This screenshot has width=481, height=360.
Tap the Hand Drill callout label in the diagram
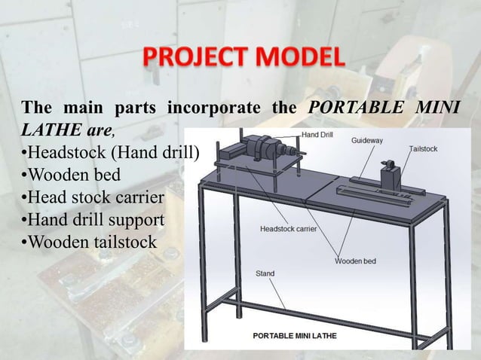pyautogui.click(x=318, y=135)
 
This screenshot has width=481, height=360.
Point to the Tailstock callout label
pyautogui.click(x=423, y=149)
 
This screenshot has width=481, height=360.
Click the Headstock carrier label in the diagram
pyautogui.click(x=288, y=227)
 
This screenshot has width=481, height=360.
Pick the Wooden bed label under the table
pyautogui.click(x=355, y=261)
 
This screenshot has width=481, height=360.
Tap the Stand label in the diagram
pyautogui.click(x=265, y=273)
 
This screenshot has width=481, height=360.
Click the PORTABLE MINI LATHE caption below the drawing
pyautogui.click(x=294, y=334)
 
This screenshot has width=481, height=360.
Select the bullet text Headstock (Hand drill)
pyautogui.click(x=109, y=154)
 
